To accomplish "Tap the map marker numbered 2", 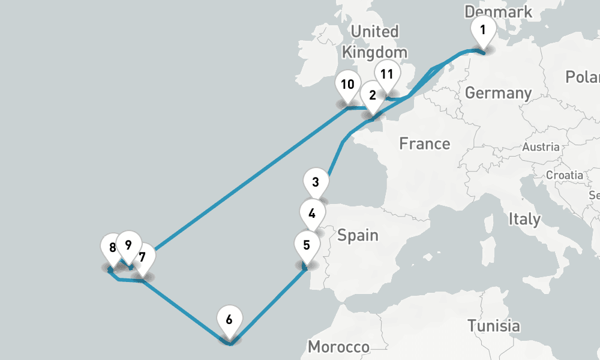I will pyautogui.click(x=373, y=96).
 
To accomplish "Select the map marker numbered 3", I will pyautogui.click(x=316, y=182).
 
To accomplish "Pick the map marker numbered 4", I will pyautogui.click(x=312, y=213).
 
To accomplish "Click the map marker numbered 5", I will pyautogui.click(x=307, y=245).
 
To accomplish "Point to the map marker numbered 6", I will pyautogui.click(x=229, y=320).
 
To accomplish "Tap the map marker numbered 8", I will pyautogui.click(x=113, y=248).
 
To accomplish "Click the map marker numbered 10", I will pyautogui.click(x=347, y=85).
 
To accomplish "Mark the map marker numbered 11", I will pyautogui.click(x=387, y=75).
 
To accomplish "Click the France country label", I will pyautogui.click(x=425, y=143).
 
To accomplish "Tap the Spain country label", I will pyautogui.click(x=358, y=235).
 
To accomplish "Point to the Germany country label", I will pyautogui.click(x=498, y=93).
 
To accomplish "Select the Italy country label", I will pyautogui.click(x=524, y=219).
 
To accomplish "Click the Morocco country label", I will pyautogui.click(x=338, y=347).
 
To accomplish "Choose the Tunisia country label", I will pyautogui.click(x=494, y=326).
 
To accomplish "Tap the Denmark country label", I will pyautogui.click(x=498, y=11).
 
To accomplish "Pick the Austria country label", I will pyautogui.click(x=541, y=146).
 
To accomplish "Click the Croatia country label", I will pyautogui.click(x=564, y=175).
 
